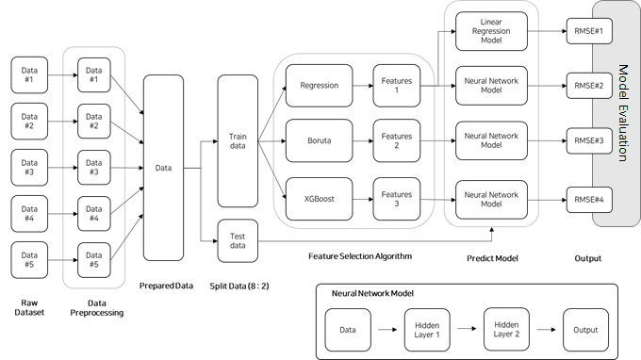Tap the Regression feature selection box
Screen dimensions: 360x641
(318, 85)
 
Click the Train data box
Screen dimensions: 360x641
(238, 141)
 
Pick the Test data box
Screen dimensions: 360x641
(238, 240)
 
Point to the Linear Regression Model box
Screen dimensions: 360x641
(490, 31)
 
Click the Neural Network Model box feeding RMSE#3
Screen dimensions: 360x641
(490, 140)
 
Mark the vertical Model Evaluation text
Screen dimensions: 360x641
(622, 113)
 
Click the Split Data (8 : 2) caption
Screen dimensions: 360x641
(238, 285)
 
